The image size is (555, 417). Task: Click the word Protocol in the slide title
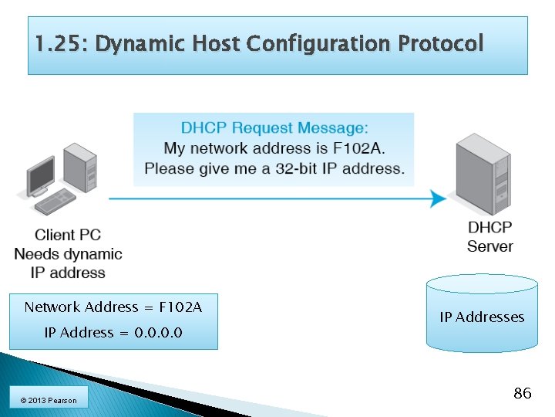[x=441, y=44]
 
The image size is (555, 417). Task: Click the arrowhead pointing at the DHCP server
[x=438, y=198]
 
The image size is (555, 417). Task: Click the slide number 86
[x=522, y=394]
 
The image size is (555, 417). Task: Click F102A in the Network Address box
[x=180, y=307]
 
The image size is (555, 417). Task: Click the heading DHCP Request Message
[x=274, y=127]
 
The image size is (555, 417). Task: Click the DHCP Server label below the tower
[x=489, y=237]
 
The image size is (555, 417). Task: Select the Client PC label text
[x=68, y=235]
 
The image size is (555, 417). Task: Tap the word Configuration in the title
[x=317, y=44]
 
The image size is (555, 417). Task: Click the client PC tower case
[x=80, y=169]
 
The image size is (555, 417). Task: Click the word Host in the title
[x=217, y=44]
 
